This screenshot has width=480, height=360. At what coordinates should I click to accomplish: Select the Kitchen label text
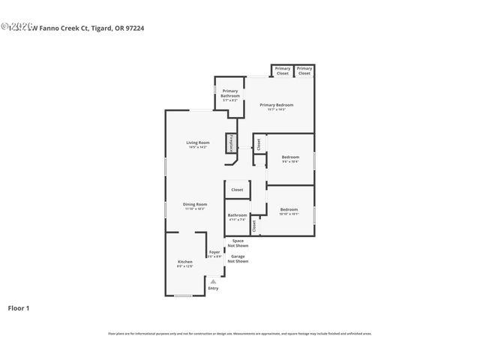pyautogui.click(x=184, y=262)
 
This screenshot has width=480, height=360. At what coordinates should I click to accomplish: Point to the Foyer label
pyautogui.click(x=214, y=253)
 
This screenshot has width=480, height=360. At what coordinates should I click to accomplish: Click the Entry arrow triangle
pyautogui.click(x=213, y=281)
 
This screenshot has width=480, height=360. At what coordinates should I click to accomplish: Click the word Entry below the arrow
pyautogui.click(x=213, y=288)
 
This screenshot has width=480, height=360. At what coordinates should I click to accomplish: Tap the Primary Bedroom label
pyautogui.click(x=276, y=106)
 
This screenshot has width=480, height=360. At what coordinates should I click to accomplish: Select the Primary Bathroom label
pyautogui.click(x=230, y=94)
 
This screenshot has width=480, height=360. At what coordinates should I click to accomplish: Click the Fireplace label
pyautogui.click(x=232, y=141)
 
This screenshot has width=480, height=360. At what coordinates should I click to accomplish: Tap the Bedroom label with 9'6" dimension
pyautogui.click(x=289, y=158)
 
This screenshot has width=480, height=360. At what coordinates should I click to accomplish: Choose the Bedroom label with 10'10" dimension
pyautogui.click(x=289, y=211)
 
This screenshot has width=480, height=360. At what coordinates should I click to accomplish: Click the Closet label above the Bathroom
pyautogui.click(x=237, y=190)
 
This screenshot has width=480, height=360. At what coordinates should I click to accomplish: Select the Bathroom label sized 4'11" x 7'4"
pyautogui.click(x=237, y=217)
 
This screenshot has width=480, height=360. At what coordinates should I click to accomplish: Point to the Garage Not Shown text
pyautogui.click(x=238, y=259)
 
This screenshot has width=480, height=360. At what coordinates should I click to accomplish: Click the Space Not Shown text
pyautogui.click(x=238, y=243)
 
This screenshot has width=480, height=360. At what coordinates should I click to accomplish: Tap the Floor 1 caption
pyautogui.click(x=19, y=307)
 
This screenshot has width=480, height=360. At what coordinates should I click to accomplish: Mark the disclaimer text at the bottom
pyautogui.click(x=239, y=333)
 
